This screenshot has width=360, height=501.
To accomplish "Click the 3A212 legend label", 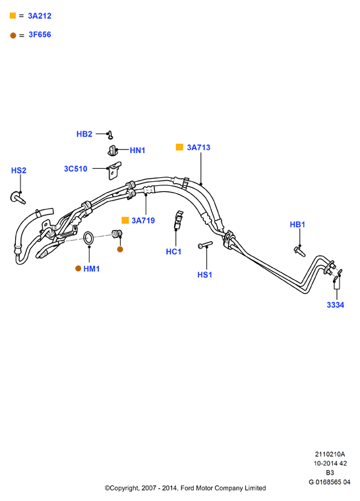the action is click(40, 16).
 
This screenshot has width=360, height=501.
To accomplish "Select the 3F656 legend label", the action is click(40, 34).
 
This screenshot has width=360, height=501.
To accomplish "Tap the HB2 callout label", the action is click(84, 134).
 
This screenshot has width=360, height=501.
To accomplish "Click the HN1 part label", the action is click(138, 150).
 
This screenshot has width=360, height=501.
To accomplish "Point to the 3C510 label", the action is click(75, 169).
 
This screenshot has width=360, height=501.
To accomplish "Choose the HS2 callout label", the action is click(18, 170).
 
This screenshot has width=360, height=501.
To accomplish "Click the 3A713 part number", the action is click(198, 147).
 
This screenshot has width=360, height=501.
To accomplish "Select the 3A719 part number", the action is click(143, 220).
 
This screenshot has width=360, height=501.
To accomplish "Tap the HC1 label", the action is click(173, 252).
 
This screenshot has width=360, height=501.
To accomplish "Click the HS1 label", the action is click(204, 275).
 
